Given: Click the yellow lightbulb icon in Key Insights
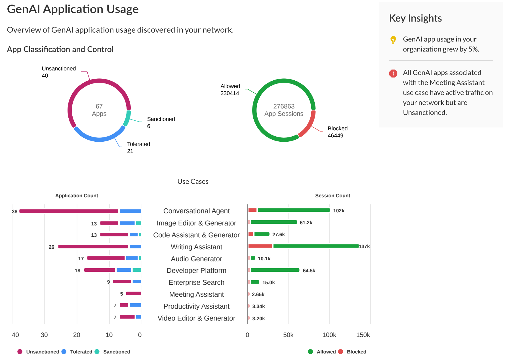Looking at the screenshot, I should click(x=393, y=40).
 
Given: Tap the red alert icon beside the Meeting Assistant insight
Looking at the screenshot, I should click(x=393, y=74).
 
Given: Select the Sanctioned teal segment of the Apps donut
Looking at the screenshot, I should click(x=127, y=118).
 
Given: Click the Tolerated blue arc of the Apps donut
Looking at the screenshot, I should click(x=99, y=139).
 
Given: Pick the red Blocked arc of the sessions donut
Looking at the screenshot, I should click(x=308, y=125).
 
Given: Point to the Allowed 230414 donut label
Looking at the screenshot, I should click(x=230, y=90).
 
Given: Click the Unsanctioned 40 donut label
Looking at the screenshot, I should click(x=59, y=72).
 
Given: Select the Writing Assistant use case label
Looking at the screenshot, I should click(x=196, y=247).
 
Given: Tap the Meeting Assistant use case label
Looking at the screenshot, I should click(x=196, y=294).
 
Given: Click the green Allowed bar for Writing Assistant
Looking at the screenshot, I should click(x=315, y=246).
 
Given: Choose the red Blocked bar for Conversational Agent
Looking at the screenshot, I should click(x=252, y=210).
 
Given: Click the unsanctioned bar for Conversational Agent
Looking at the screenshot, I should click(x=69, y=211).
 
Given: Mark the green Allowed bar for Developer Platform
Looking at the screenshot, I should click(x=275, y=270).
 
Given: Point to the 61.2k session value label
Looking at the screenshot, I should click(x=306, y=223).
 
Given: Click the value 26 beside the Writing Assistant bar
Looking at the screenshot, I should click(x=51, y=247).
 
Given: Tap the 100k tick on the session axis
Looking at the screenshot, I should click(x=329, y=335).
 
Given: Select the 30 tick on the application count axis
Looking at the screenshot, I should click(x=44, y=335).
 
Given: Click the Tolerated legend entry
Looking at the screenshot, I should click(x=81, y=352).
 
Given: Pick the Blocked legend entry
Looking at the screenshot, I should click(x=356, y=352).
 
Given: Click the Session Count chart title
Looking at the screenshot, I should click(x=333, y=196).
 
